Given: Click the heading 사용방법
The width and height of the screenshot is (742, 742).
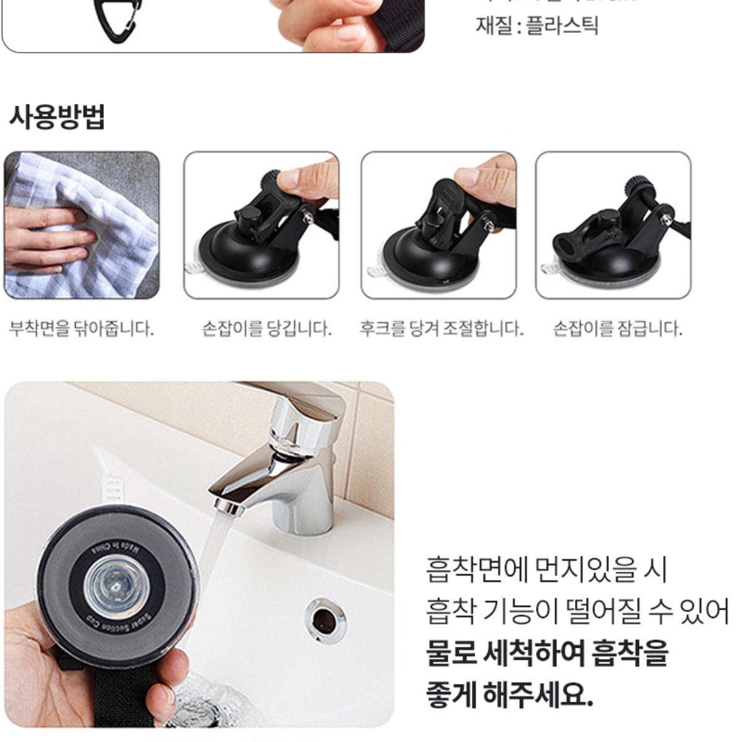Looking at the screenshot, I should pyautogui.click(x=57, y=117).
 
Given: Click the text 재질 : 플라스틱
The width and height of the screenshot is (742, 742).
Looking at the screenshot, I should pyautogui.click(x=537, y=25).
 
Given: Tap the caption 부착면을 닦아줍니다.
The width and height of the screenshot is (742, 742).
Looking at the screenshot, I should pyautogui.click(x=81, y=328).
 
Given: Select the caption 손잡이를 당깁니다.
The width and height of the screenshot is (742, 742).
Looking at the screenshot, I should pyautogui.click(x=267, y=328).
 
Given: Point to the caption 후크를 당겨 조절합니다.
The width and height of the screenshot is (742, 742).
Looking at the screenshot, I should pyautogui.click(x=442, y=328).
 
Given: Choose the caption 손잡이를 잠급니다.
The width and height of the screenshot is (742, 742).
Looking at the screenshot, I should pyautogui.click(x=618, y=328).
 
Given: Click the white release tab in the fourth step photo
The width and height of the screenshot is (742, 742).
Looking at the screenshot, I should pyautogui.click(x=550, y=269).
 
